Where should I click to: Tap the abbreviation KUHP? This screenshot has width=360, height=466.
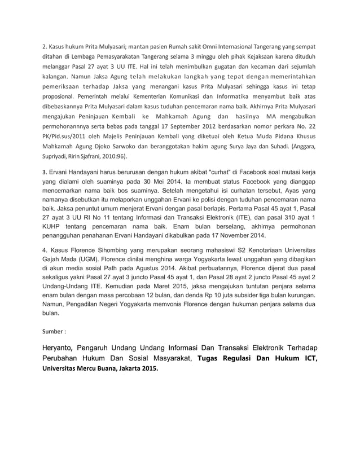(x=54, y=224)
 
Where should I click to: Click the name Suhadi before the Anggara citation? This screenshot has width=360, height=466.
(x=273, y=148)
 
